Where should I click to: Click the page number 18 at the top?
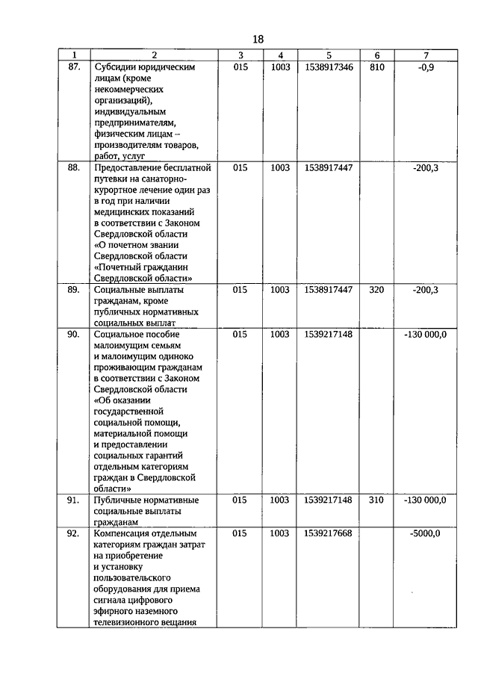point(258,39)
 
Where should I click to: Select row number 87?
point(73,67)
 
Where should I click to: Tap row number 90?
point(73,335)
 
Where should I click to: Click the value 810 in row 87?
point(376,67)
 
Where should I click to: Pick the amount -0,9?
point(425,67)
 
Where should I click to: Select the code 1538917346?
point(329,67)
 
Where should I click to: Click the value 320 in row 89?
point(376,290)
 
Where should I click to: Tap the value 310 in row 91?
point(376,500)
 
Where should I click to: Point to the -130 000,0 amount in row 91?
point(425,500)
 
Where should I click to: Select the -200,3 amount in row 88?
point(425,168)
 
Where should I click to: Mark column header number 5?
point(329,55)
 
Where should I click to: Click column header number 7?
point(425,55)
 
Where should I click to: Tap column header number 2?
point(154,55)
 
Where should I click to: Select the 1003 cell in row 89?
point(279,290)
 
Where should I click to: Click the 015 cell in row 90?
point(240,335)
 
